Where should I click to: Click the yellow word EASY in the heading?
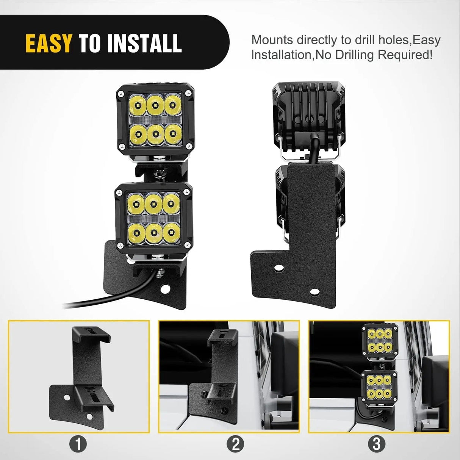[x=48, y=43]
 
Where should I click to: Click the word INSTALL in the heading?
[x=144, y=43]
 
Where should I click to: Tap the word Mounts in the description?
[x=272, y=40]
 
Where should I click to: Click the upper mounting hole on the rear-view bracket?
[x=280, y=268]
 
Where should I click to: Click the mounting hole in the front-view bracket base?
[x=164, y=289]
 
